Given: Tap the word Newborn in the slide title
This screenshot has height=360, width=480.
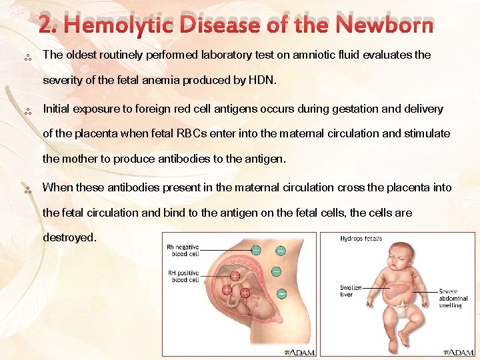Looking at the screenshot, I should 385,25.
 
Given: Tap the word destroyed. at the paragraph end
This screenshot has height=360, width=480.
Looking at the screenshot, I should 69,237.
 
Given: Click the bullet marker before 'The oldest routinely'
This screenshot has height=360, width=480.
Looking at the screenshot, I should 28,58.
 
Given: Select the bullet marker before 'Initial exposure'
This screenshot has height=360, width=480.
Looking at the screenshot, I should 28,111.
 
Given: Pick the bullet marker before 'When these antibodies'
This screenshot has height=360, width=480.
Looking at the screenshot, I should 28,191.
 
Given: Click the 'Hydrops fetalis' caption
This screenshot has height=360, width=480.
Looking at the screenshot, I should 361,239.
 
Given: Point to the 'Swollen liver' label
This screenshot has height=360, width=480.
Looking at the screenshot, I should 351,291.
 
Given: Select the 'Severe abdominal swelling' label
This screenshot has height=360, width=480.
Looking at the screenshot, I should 453,298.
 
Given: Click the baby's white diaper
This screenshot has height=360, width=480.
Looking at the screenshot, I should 401,308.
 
